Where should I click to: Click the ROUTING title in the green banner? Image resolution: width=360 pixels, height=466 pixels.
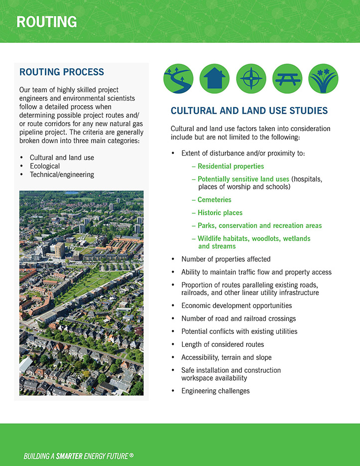46,22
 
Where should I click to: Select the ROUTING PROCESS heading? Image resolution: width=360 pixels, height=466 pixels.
62,72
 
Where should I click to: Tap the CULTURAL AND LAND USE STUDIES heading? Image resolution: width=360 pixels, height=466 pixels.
249,111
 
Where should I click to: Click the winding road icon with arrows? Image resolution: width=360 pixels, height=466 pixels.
179,79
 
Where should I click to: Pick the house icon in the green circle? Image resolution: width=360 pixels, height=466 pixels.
215,79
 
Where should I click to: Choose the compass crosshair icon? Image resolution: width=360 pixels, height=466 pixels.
251,79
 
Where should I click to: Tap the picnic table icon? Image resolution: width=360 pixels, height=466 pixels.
287,79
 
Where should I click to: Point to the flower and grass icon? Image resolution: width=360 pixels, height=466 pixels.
323,79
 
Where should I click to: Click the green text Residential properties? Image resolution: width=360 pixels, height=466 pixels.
231,166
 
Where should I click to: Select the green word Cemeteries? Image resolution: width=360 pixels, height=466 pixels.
214,200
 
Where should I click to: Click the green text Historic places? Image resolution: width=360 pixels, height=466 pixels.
220,213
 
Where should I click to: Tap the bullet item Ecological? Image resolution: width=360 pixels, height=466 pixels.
45,166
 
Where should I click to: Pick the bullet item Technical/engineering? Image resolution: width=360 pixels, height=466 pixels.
62,174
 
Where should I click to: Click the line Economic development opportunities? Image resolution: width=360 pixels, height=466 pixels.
237,306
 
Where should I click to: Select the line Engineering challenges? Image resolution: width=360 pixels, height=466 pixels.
215,391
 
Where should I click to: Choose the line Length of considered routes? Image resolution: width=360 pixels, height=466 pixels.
223,344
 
